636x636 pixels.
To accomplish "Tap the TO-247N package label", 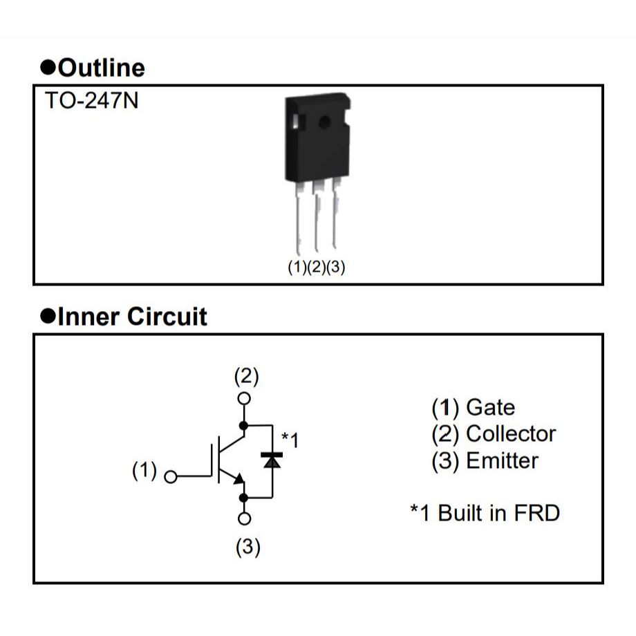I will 91,101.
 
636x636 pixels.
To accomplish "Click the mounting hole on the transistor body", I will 324,123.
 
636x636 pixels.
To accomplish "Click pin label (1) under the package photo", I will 297,268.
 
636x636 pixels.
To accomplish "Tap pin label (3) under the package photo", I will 335,268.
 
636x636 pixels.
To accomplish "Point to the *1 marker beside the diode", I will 290,440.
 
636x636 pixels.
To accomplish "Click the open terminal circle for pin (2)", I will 244,398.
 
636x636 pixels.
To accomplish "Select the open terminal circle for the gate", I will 171,476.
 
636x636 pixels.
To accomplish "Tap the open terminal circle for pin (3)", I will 244,518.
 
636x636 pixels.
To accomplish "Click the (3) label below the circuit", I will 247,548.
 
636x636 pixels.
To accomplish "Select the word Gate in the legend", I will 490,407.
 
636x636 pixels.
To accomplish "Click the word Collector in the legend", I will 511,433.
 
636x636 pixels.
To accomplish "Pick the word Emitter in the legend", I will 502,460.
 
